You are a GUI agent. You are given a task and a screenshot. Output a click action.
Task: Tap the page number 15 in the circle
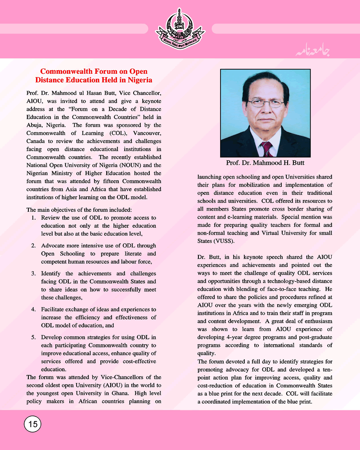[32, 423]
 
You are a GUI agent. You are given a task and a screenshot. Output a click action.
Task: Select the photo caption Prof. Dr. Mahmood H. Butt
[265, 163]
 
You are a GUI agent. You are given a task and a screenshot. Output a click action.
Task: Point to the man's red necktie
[267, 148]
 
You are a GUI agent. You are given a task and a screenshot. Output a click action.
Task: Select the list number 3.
[34, 274]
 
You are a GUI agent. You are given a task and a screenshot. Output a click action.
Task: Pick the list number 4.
[34, 310]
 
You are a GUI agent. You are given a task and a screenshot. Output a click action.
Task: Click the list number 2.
[34, 246]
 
